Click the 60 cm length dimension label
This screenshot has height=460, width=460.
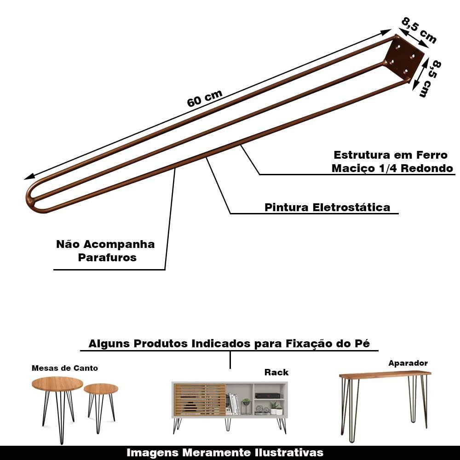tap(205, 98)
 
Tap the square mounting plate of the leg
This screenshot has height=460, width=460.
tap(404, 57)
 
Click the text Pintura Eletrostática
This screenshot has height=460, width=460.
tap(327, 207)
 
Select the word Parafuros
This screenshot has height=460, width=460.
tap(107, 258)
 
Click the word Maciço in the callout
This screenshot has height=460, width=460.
tap(352, 168)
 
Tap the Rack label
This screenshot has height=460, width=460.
tap(276, 372)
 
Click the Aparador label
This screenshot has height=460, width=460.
tap(408, 363)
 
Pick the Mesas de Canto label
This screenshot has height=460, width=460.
tap(64, 368)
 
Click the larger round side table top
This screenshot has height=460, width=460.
tap(57, 384)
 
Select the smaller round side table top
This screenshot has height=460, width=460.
tap(101, 389)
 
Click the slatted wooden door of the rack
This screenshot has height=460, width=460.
tap(200, 399)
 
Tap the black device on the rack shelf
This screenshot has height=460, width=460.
tap(267, 396)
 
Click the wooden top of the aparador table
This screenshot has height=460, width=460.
tap(385, 374)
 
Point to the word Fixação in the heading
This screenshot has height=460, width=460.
tap(316, 344)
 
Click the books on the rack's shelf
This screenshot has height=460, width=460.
tap(234, 404)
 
